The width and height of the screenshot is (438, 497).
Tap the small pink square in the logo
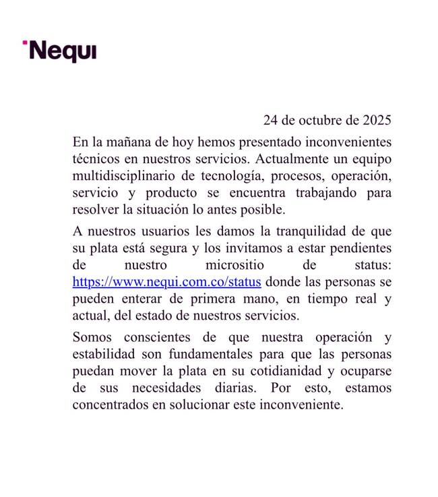tap(25, 43)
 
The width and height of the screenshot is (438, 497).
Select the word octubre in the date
tap(321, 121)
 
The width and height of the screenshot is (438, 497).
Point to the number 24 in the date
tap(270, 121)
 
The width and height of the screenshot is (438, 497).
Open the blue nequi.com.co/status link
tap(166, 282)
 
